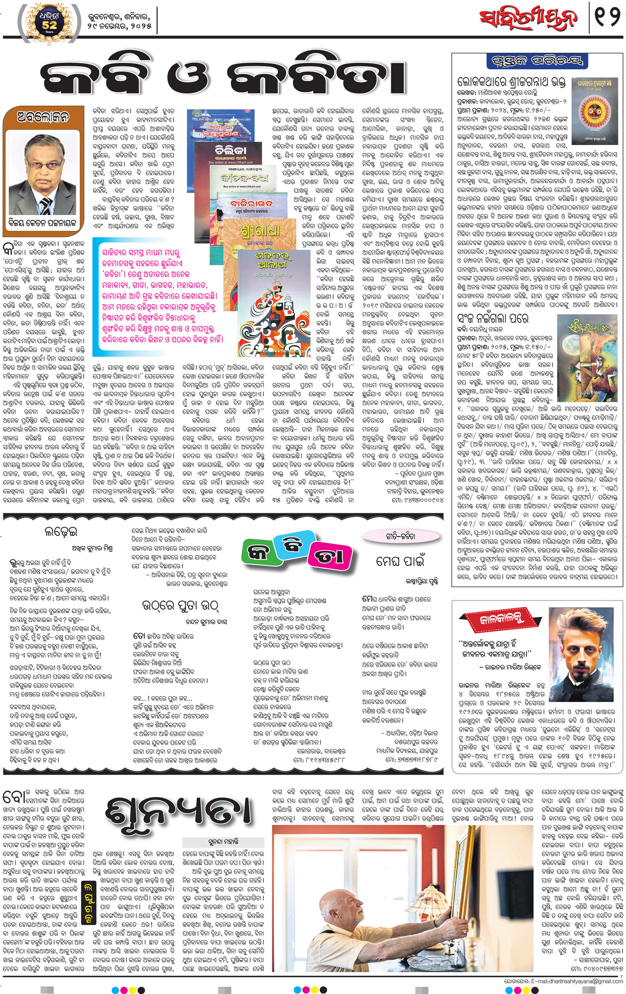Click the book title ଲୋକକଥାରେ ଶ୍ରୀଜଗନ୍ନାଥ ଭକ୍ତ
click(x=512, y=82)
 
